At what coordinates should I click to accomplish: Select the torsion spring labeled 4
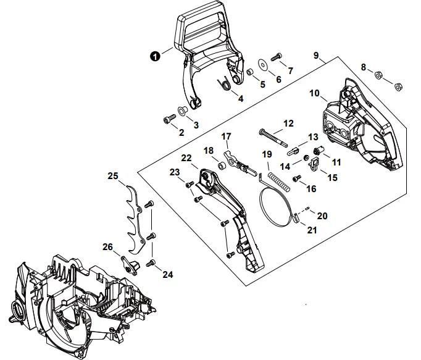[x=227, y=83]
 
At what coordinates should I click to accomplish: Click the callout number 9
[x=315, y=56]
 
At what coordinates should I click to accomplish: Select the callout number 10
[x=314, y=94]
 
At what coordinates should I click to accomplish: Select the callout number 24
[x=167, y=275]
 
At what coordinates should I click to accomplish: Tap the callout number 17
[x=226, y=136]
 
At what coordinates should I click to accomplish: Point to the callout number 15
[x=331, y=177]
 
